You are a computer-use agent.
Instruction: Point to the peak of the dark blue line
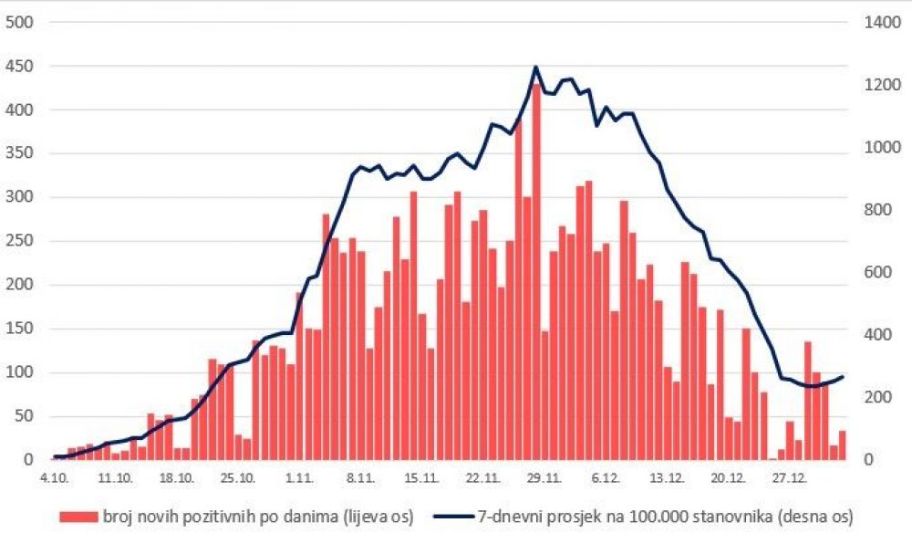point(535,67)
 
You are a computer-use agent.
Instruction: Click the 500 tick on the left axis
point(19,23)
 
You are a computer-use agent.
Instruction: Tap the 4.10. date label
point(55,476)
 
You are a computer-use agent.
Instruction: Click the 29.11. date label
point(543,476)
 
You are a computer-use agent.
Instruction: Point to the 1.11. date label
point(299,476)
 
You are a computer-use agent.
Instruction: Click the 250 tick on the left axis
point(19,242)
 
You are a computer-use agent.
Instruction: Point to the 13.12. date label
point(667,476)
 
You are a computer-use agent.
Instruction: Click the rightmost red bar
point(843,445)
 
